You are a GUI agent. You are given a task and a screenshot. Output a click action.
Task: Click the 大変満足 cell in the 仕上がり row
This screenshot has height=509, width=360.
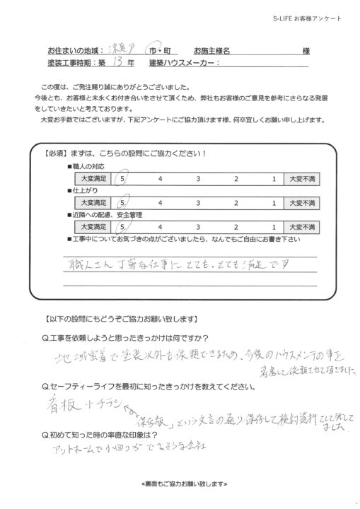[x=93, y=202]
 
